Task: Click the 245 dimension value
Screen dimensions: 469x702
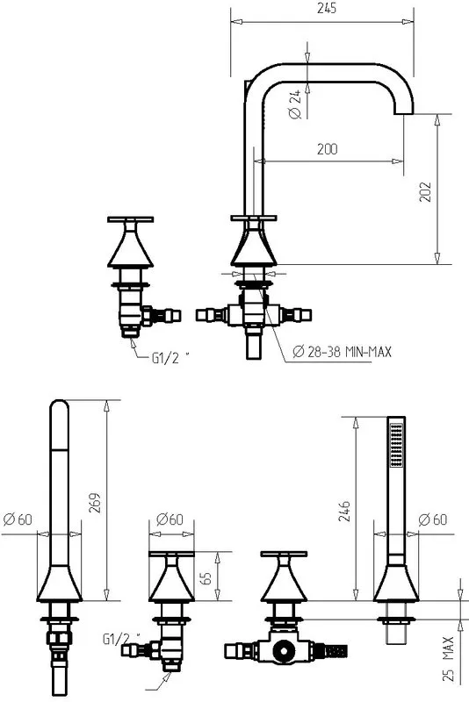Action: click(327, 9)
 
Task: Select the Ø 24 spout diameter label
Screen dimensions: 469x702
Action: click(295, 104)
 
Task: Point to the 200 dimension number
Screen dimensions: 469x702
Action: click(327, 149)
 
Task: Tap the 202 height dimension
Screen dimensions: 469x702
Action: click(425, 191)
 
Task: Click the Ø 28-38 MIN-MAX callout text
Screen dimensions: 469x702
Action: click(342, 352)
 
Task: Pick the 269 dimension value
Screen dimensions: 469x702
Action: click(95, 503)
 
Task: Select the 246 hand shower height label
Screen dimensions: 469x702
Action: click(344, 511)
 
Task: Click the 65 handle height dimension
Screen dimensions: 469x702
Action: click(206, 577)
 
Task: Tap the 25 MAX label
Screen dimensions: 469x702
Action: click(449, 659)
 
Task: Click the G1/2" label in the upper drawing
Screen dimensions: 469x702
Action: click(170, 358)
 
